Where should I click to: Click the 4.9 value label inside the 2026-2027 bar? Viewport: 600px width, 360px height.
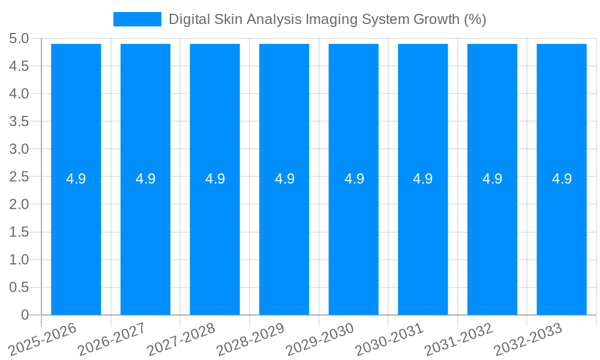[x=145, y=179]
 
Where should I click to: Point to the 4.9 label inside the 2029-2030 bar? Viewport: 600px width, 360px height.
[x=353, y=179]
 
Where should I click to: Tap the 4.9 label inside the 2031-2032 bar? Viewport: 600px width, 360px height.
[x=492, y=179]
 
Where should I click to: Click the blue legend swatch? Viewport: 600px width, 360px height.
[x=137, y=19]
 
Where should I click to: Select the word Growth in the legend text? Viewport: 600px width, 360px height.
[x=435, y=19]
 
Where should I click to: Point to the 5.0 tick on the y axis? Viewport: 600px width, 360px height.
[x=19, y=39]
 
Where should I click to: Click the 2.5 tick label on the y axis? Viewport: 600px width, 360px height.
[x=19, y=177]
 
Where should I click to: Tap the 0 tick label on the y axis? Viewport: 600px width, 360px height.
[x=25, y=315]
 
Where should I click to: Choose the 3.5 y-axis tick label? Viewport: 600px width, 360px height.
[x=19, y=122]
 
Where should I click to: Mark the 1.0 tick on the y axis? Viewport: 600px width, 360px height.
[x=19, y=260]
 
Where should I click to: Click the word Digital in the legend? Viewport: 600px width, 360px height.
[x=187, y=19]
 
